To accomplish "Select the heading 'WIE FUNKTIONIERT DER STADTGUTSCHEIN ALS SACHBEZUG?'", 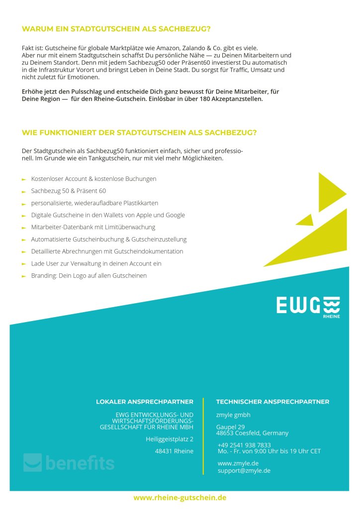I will click(139, 133).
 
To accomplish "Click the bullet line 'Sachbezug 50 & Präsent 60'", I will click(68, 191).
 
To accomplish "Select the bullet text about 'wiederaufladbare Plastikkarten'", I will click(94, 203).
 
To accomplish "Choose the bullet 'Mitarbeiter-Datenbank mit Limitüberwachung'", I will click(93, 227).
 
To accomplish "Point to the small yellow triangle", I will click(305, 220).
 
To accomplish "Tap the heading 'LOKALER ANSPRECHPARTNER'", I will click(145, 402).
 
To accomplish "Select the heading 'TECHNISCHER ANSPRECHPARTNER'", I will click(272, 402).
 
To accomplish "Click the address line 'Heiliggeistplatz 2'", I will click(170, 439).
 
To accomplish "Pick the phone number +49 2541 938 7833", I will click(244, 445).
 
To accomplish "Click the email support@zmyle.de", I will click(244, 470).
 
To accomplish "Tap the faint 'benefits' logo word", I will click(80, 463).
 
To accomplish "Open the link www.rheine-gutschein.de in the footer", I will click(180, 498).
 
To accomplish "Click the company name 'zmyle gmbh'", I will click(233, 415).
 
